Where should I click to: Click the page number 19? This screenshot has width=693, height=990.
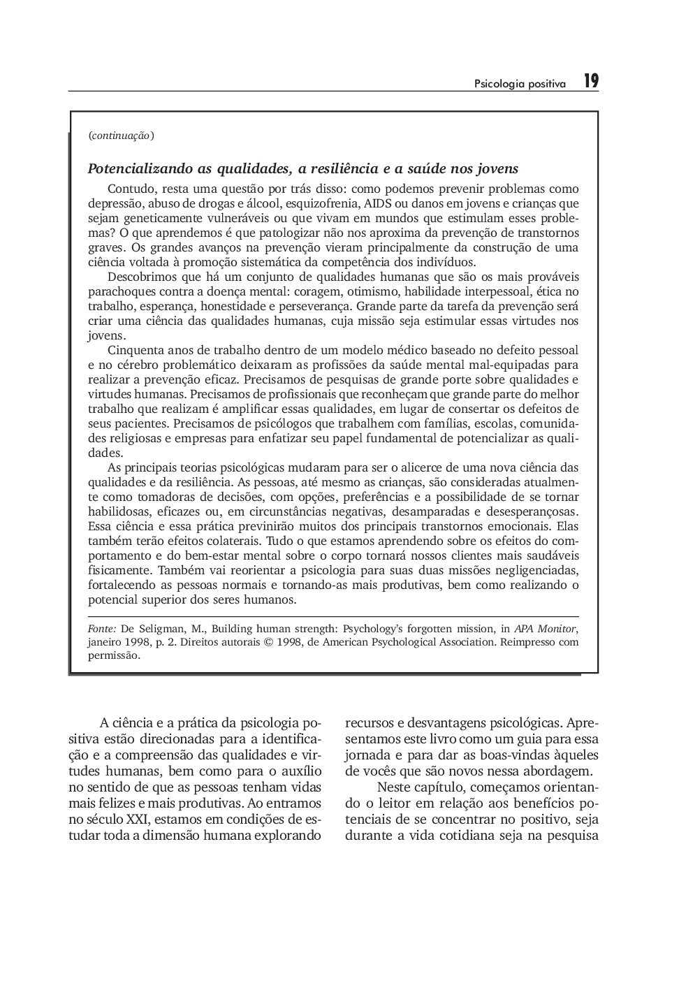coord(591,82)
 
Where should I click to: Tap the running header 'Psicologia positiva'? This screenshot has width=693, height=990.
coord(520,84)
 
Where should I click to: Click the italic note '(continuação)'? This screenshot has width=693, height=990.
coord(121,136)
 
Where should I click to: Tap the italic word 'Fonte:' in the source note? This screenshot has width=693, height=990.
coord(102,628)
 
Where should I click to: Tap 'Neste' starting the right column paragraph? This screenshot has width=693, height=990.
coord(394,787)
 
